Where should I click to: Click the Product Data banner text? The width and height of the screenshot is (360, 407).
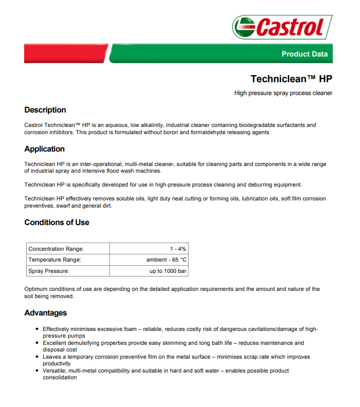coord(304,54)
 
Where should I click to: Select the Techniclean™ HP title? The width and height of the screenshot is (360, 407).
coord(291,79)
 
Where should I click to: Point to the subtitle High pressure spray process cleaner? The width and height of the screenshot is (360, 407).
coord(283,93)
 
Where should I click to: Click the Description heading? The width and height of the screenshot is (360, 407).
coord(45,110)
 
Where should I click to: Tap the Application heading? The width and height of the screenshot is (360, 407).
coord(45,149)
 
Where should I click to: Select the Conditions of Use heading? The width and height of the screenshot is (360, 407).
coord(56,223)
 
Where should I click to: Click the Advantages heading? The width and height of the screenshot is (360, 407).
coord(46,313)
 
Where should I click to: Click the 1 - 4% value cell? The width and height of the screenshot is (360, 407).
coord(178,249)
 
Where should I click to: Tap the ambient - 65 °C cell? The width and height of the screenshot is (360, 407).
coord(166,260)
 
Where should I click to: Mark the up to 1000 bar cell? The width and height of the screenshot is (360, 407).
coord(168,271)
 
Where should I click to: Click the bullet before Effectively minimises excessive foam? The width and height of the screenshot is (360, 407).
coord(36,329)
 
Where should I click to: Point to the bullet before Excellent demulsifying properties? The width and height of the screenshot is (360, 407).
coord(36,343)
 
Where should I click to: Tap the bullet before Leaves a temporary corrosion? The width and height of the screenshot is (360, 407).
coord(36,357)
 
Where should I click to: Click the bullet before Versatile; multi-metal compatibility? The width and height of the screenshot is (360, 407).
coord(36,371)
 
